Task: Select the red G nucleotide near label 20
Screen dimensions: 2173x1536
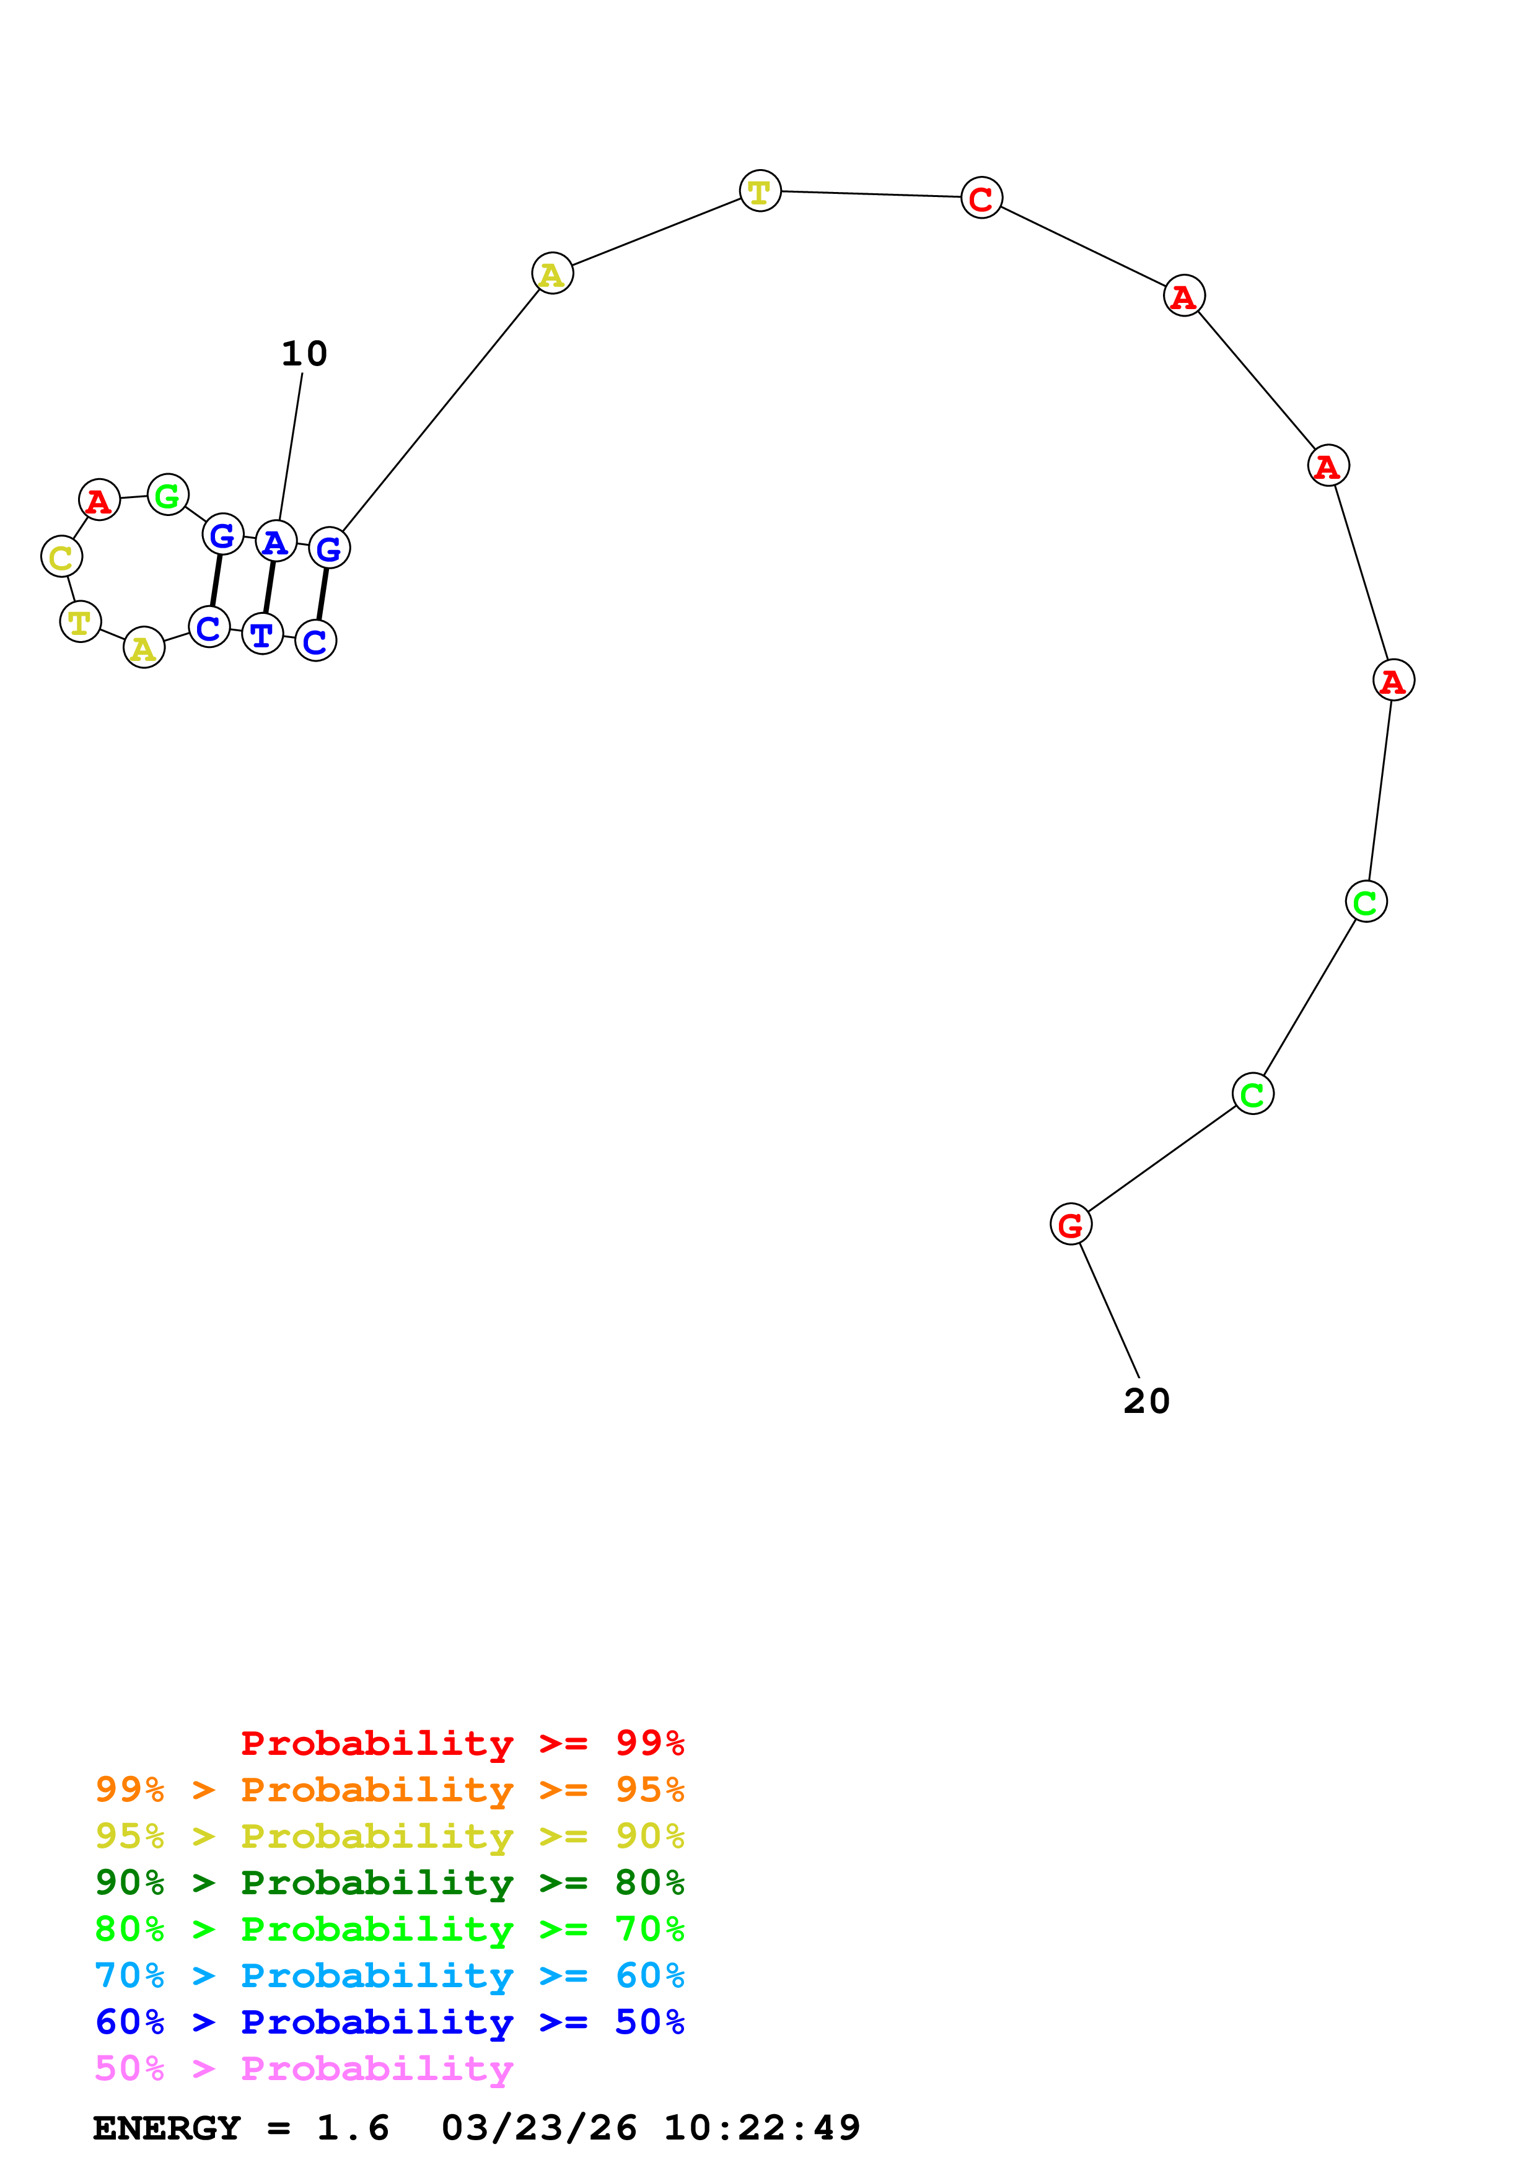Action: pyautogui.click(x=1071, y=1225)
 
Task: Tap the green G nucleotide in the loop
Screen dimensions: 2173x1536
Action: pyautogui.click(x=167, y=495)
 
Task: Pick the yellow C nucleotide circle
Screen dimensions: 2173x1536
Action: pyautogui.click(x=61, y=556)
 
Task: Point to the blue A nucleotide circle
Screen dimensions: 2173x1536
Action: pyautogui.click(x=275, y=542)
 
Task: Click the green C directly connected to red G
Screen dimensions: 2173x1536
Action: pyautogui.click(x=1252, y=1094)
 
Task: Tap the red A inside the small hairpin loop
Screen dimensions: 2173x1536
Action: pyautogui.click(x=99, y=500)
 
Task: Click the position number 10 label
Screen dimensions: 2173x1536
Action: pyautogui.click(x=304, y=354)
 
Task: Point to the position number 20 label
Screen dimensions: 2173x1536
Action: pyautogui.click(x=1146, y=1401)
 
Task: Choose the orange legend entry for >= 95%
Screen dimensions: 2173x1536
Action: pyautogui.click(x=389, y=1790)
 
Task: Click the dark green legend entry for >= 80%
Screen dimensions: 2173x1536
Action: pyautogui.click(x=389, y=1882)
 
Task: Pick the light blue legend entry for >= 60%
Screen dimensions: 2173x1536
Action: pyautogui.click(x=389, y=1975)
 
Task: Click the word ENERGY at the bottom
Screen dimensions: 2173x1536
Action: pyautogui.click(x=167, y=2128)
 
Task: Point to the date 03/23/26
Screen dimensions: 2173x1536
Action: pyautogui.click(x=538, y=2128)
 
